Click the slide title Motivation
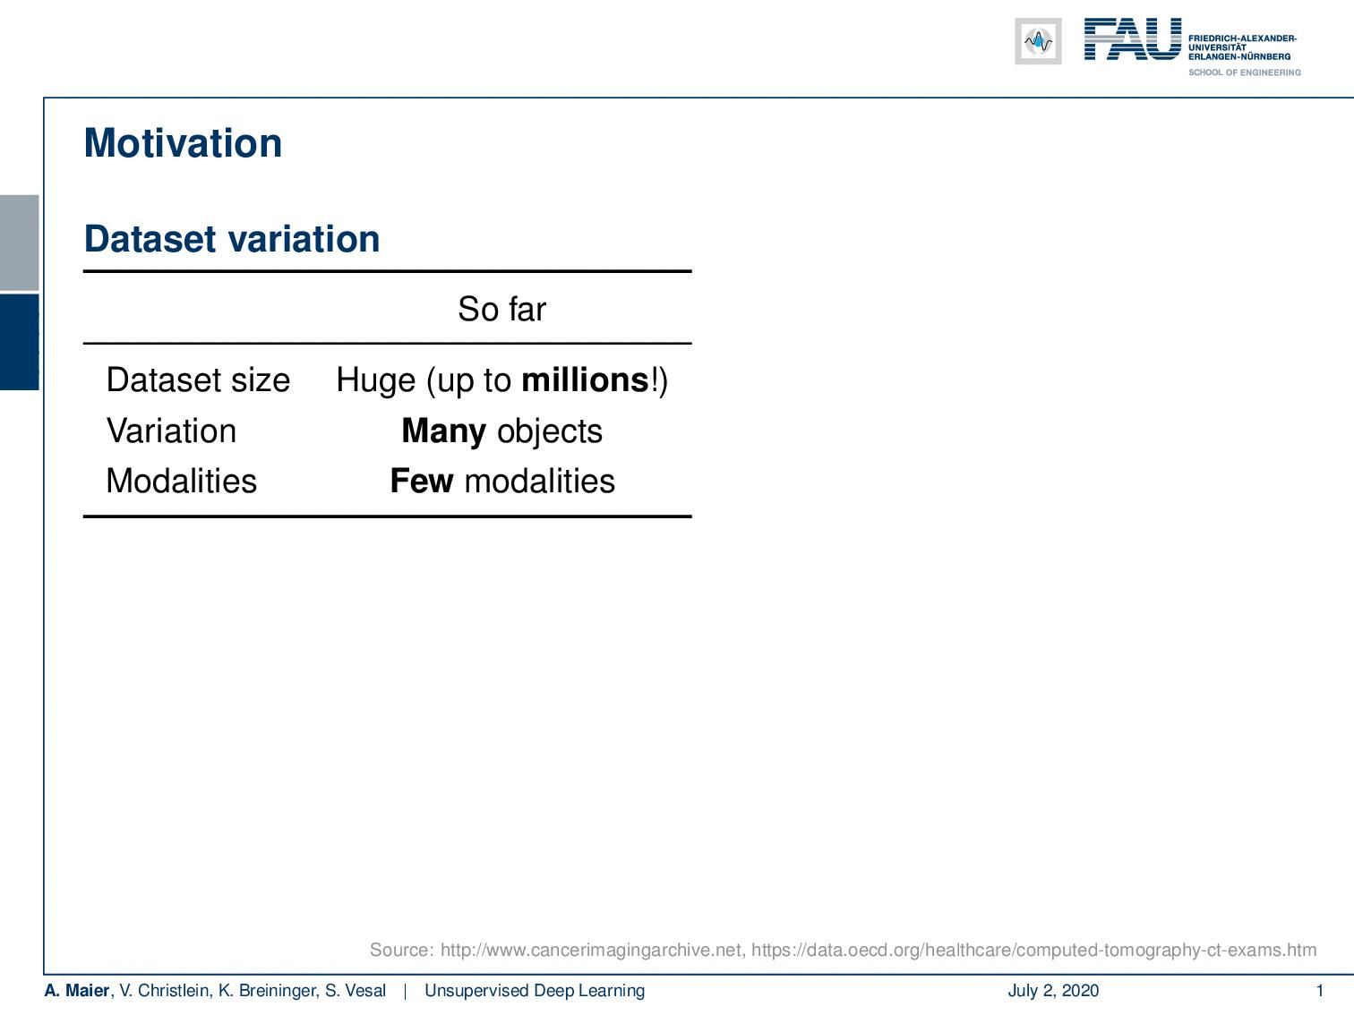183,143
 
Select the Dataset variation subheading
232,238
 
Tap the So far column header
501,309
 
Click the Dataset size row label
198,380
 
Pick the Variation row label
171,431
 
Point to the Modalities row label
182,481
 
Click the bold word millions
586,380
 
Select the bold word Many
443,431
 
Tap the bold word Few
422,481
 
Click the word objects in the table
550,431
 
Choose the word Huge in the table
376,380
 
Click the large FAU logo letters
1133,39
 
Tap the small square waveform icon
1038,41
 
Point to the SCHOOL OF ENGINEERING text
1244,72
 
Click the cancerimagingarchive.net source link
591,950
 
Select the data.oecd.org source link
1033,950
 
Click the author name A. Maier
77,990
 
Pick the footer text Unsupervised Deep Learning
535,990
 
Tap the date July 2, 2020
1053,991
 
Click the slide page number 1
1319,990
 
